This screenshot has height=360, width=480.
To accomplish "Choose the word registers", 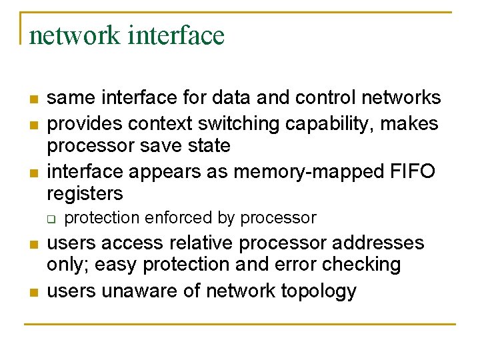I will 85,194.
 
